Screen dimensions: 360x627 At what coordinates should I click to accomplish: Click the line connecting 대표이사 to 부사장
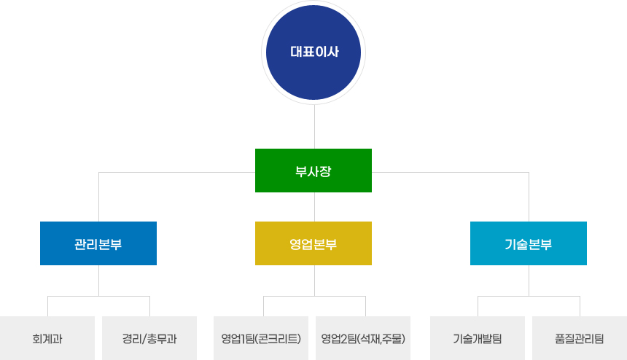(x=313, y=128)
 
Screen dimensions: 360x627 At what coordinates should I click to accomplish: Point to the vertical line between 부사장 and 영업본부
(x=313, y=207)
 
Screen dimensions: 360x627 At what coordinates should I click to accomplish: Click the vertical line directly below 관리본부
(x=98, y=280)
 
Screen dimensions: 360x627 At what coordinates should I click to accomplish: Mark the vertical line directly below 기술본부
(x=529, y=280)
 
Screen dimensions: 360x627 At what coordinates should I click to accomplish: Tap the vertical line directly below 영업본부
(x=313, y=280)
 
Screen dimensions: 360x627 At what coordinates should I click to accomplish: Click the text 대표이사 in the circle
(x=314, y=52)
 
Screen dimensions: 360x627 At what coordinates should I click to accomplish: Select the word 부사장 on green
(x=313, y=171)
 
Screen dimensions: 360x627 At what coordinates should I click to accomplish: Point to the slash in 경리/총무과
(x=144, y=339)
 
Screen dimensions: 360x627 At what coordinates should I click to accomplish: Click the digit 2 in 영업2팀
(x=341, y=339)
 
